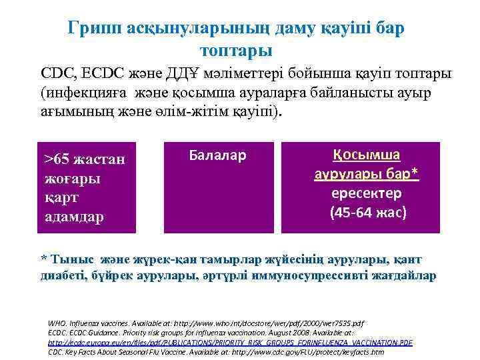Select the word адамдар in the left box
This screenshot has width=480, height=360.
coord(74,217)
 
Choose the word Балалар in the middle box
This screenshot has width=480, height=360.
coord(218,156)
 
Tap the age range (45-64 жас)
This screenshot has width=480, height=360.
coord(367,213)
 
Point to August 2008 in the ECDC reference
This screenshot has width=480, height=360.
coord(273,331)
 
